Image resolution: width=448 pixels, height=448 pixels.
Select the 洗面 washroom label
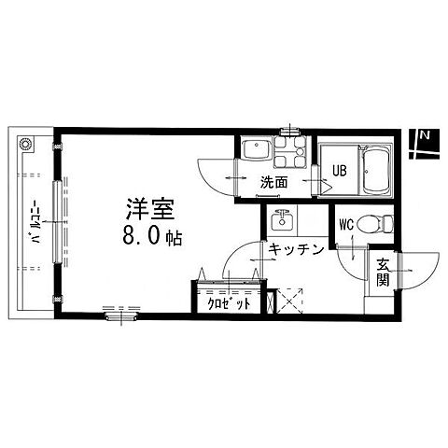click(273, 182)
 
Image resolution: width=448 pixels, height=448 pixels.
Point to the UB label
click(340, 170)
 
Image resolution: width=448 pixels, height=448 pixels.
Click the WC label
click(346, 225)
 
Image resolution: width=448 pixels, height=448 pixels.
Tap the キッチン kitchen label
click(296, 249)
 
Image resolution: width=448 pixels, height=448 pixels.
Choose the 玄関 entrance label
click(383, 273)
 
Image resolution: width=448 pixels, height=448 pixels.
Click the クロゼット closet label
click(229, 303)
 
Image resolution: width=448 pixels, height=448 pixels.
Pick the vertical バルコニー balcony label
click(35, 220)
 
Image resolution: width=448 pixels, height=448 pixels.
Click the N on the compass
click(425, 135)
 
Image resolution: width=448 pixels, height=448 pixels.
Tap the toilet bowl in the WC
click(375, 224)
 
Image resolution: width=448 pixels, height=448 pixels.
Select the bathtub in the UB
click(376, 172)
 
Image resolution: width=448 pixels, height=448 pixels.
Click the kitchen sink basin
click(282, 220)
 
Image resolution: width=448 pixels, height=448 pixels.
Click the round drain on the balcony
click(25, 145)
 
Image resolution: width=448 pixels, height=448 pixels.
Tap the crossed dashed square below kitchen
click(290, 301)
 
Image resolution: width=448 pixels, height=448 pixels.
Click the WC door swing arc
click(347, 268)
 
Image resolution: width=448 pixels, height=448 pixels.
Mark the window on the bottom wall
click(121, 316)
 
